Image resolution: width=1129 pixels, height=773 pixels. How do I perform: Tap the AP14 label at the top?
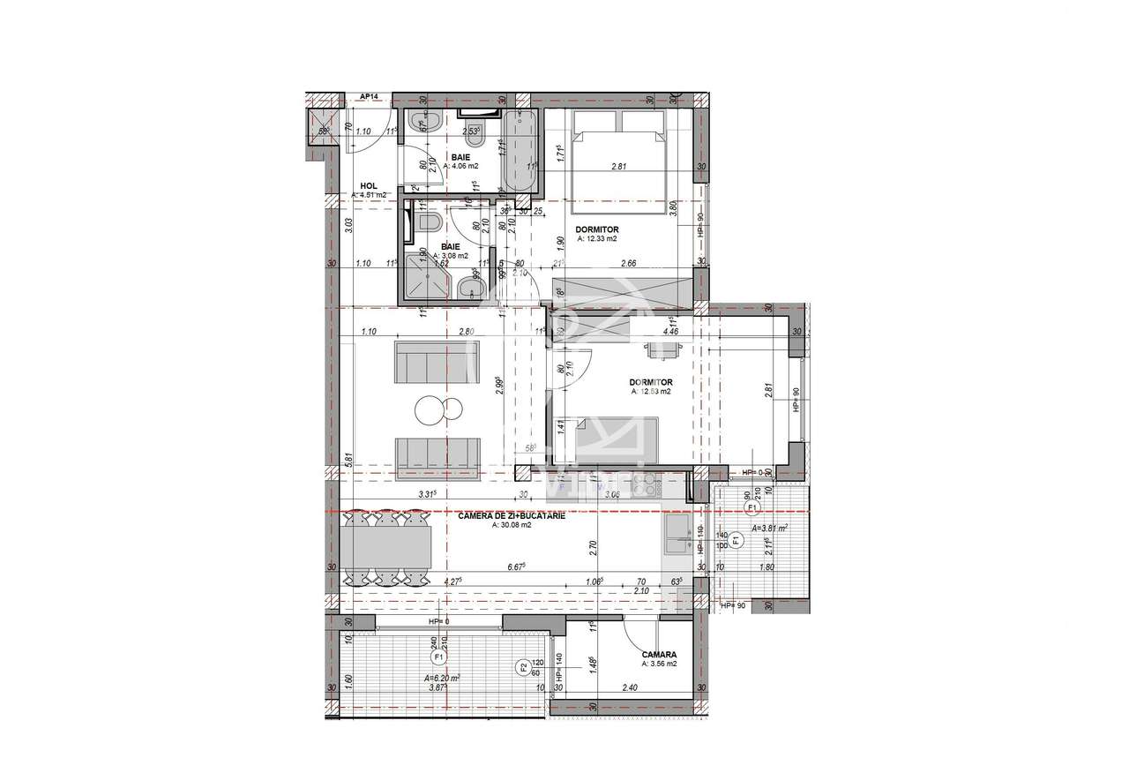pyautogui.click(x=369, y=97)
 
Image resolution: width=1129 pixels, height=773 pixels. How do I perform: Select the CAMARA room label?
pyautogui.click(x=660, y=655)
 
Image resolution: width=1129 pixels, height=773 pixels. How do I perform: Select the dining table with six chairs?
pyautogui.click(x=389, y=548)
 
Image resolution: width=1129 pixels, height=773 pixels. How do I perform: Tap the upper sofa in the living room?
pyautogui.click(x=425, y=363)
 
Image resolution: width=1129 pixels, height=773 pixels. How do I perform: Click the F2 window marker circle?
pyautogui.click(x=522, y=667)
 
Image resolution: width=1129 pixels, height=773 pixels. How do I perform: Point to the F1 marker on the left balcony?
pyautogui.click(x=438, y=657)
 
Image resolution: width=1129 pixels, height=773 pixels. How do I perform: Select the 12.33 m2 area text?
pyautogui.click(x=597, y=239)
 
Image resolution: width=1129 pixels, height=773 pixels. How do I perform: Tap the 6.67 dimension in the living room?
pyautogui.click(x=515, y=567)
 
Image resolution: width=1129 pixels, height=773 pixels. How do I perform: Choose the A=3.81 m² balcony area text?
pyautogui.click(x=769, y=529)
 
